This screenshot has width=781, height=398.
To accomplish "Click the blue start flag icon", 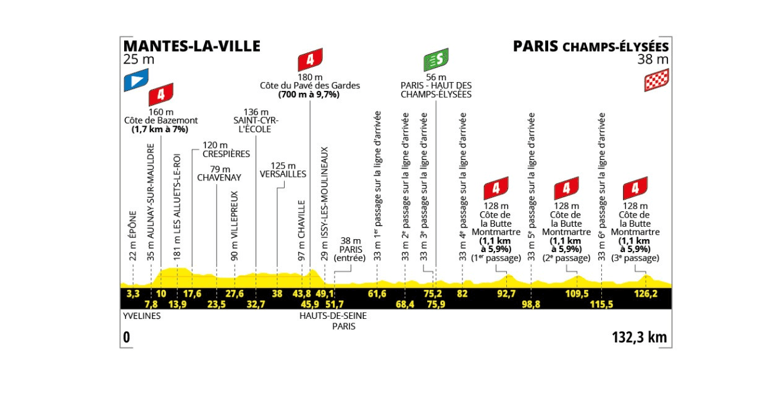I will tap(136, 80).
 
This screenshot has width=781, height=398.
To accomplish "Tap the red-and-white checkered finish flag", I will tap(656, 80).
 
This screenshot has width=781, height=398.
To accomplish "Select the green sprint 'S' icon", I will tap(435, 61).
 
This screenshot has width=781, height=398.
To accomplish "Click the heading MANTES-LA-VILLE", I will tap(191, 46).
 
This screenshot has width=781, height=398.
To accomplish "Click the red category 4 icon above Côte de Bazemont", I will tap(161, 95).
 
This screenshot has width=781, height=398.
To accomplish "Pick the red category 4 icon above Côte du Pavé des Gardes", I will tap(309, 60).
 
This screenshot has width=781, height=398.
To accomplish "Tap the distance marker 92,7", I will tap(506, 294).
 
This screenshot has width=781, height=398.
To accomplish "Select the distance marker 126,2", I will tap(646, 294).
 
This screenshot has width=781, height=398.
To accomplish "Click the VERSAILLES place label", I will tap(283, 174).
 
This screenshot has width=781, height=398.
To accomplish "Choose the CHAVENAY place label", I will tap(219, 177).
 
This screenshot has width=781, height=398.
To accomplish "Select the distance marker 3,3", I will tap(133, 294).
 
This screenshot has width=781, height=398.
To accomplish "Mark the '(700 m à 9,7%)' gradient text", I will tap(309, 95).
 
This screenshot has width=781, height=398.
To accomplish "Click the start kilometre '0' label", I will tap(127, 337).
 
